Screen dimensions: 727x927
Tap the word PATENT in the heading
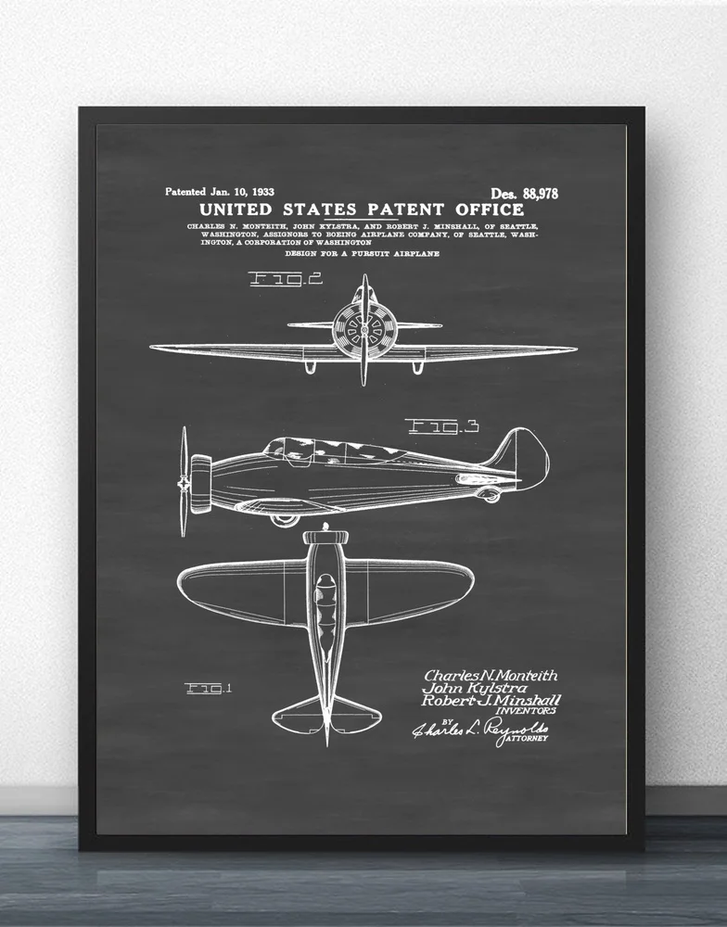coord(396,210)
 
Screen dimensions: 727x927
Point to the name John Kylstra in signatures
coord(476,689)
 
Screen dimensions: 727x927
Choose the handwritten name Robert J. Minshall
coord(491,701)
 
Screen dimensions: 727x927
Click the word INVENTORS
coord(530,712)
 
